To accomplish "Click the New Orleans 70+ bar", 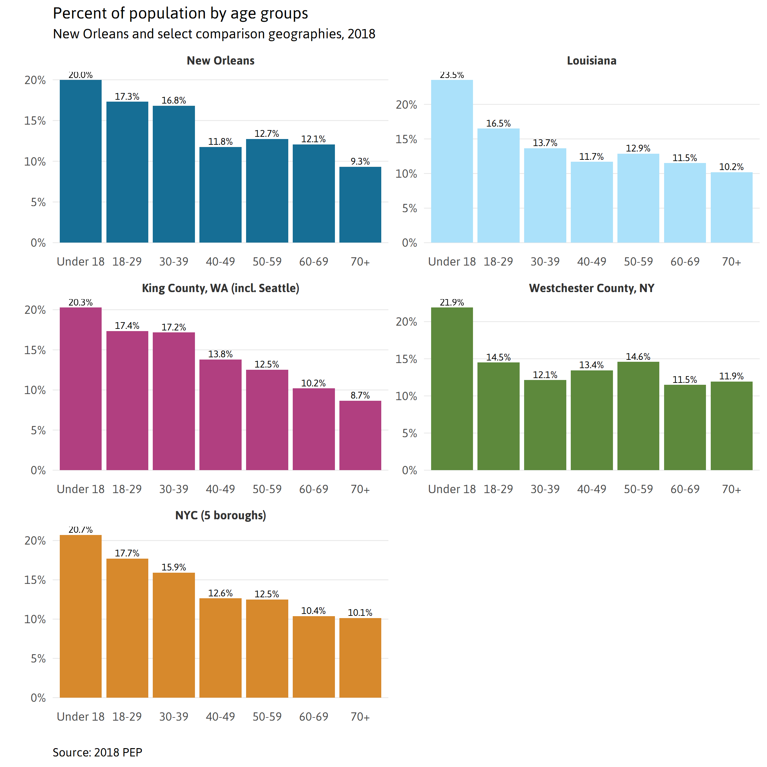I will [x=360, y=205].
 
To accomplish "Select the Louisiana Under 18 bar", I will [x=452, y=161].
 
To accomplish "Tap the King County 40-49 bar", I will [x=220, y=414].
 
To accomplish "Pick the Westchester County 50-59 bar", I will [x=638, y=416].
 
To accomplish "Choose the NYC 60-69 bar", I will [x=314, y=657].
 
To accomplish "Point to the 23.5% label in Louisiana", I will [x=452, y=75].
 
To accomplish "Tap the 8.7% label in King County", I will [x=360, y=395].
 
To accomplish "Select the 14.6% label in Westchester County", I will [x=638, y=357].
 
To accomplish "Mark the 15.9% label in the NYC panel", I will [x=174, y=567].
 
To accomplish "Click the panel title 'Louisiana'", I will [x=592, y=61].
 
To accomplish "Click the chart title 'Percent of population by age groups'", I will [x=180, y=13].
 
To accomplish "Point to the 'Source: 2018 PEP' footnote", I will [x=97, y=752].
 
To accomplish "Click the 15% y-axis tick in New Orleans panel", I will [x=35, y=121].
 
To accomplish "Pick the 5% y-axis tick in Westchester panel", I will [x=409, y=433].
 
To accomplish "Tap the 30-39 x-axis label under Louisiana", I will [x=545, y=262].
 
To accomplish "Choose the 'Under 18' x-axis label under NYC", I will [x=81, y=717].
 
